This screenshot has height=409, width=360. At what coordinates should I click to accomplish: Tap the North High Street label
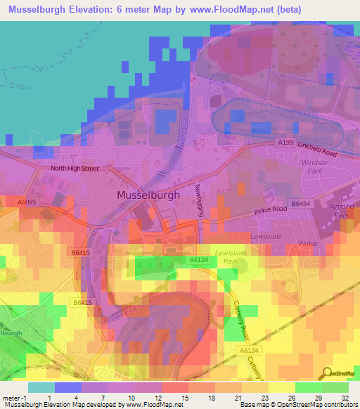tap(74, 169)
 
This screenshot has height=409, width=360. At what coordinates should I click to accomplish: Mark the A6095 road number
tap(27, 202)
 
